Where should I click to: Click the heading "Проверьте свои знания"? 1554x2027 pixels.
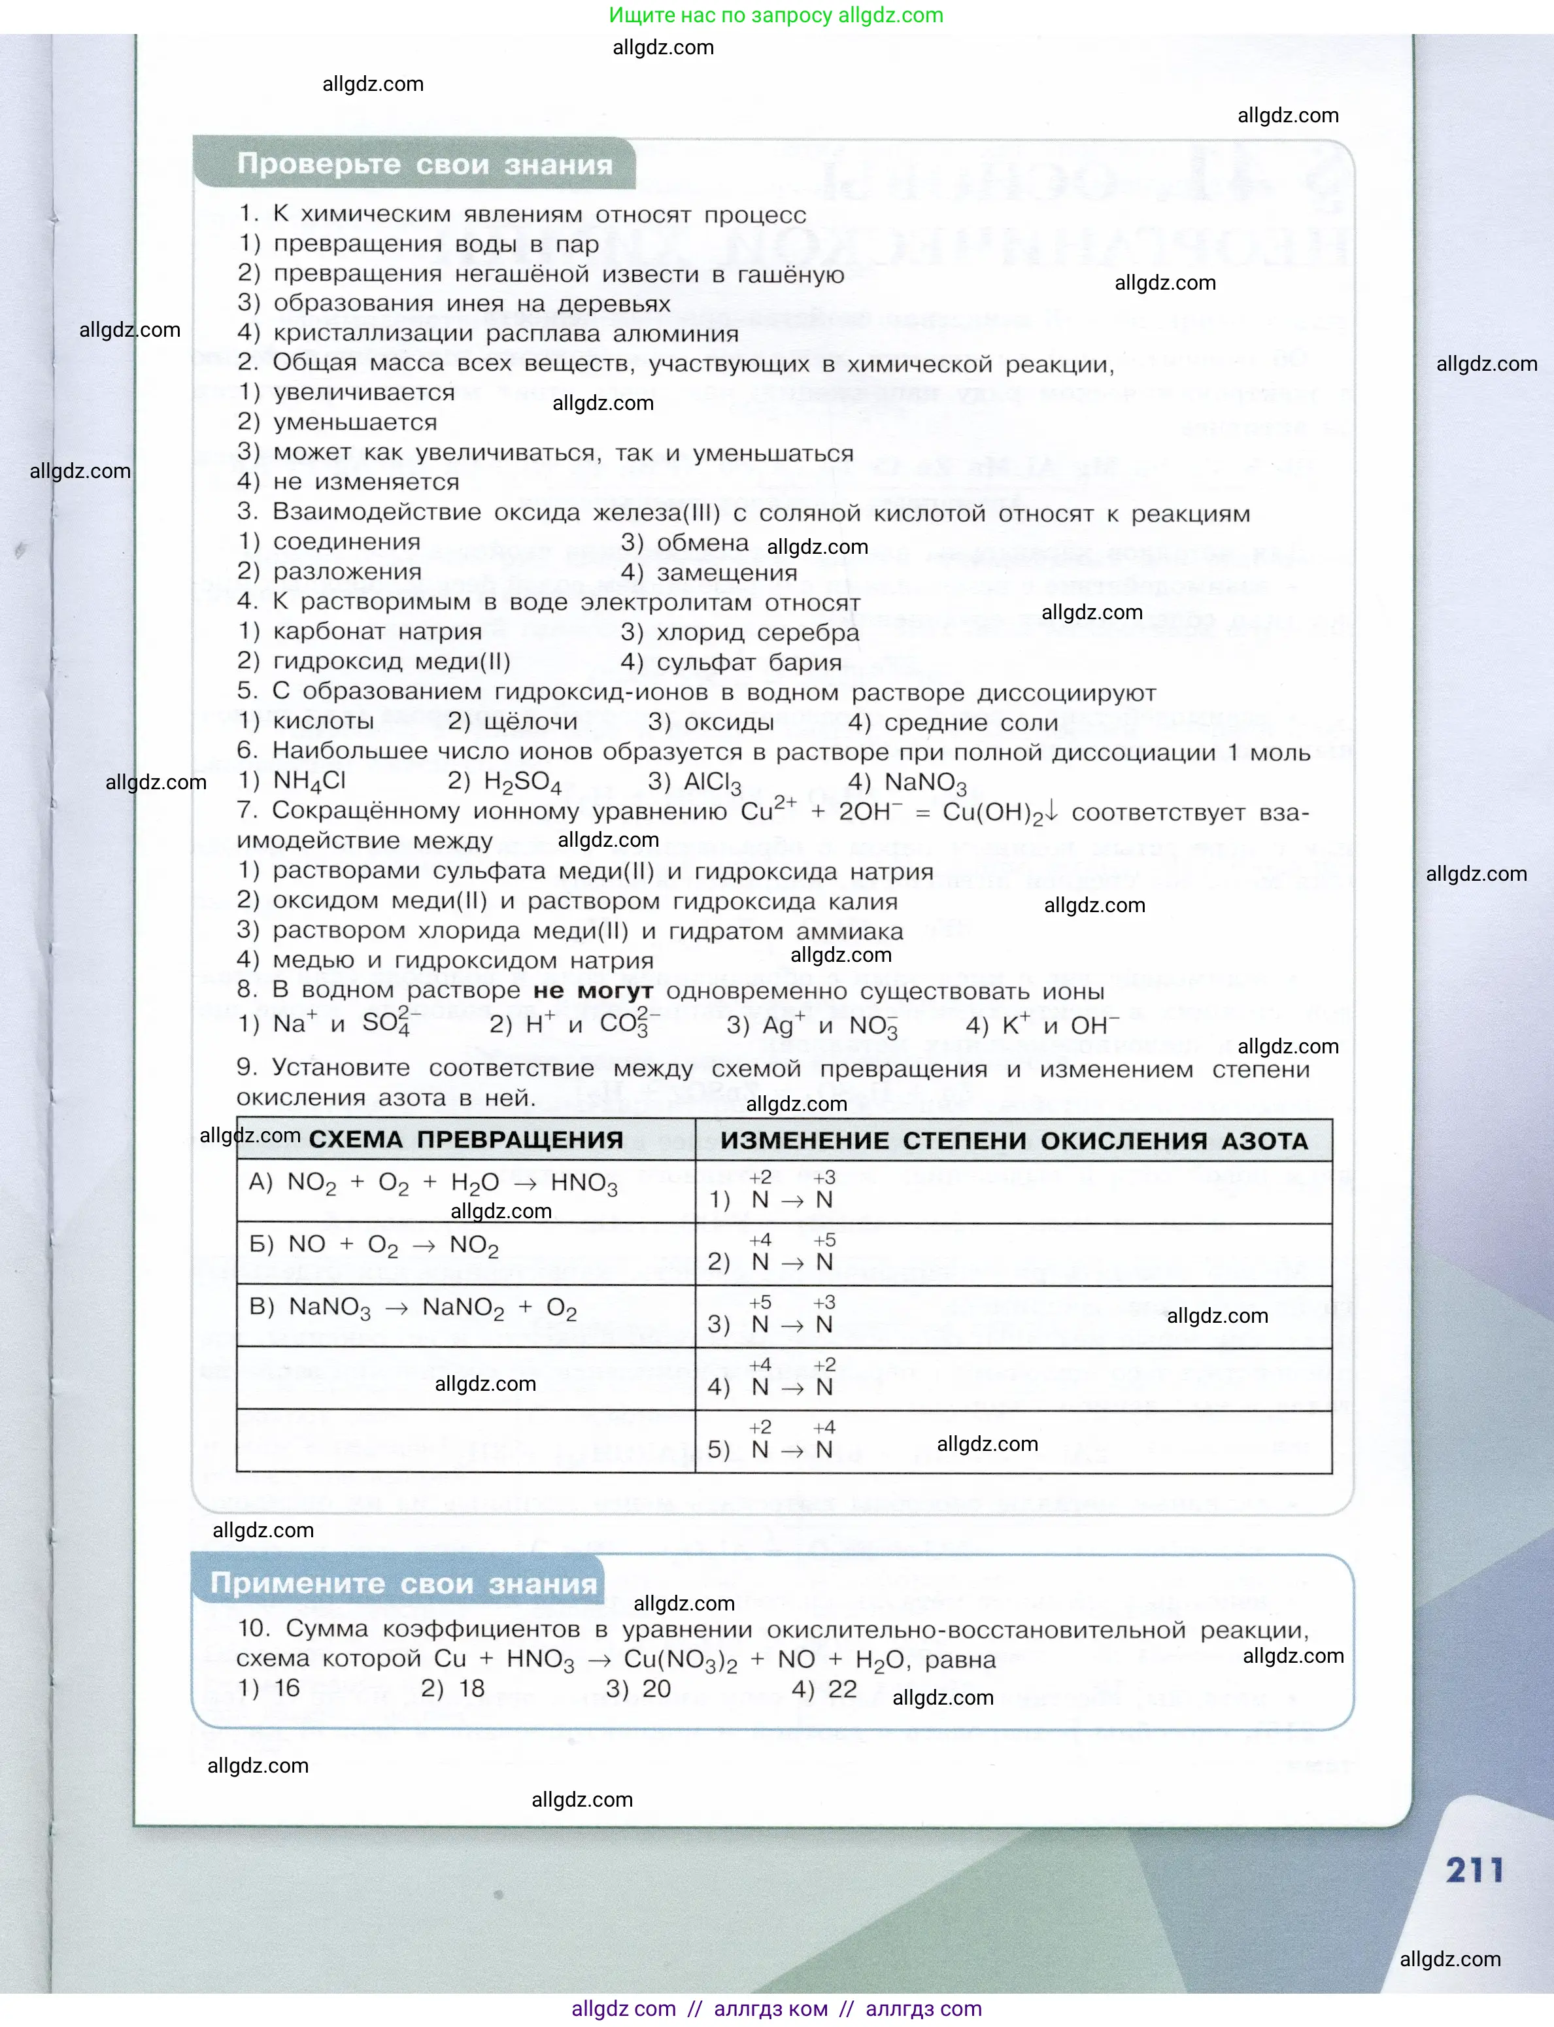(x=424, y=165)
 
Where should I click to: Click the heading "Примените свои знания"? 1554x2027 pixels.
(x=403, y=1583)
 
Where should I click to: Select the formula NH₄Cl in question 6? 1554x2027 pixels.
(x=309, y=782)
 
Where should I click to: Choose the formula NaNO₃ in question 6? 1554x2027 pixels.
(x=925, y=783)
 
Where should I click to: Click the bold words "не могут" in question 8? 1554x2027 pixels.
(x=593, y=991)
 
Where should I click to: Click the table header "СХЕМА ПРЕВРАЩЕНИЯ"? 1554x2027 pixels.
(x=465, y=1140)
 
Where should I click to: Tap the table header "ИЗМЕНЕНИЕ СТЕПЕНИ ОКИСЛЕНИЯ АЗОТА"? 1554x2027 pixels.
(x=1014, y=1141)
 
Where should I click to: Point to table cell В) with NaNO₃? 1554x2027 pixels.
(x=413, y=1308)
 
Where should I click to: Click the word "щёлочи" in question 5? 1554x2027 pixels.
(x=530, y=722)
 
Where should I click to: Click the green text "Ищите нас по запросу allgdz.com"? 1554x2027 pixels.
(x=776, y=15)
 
